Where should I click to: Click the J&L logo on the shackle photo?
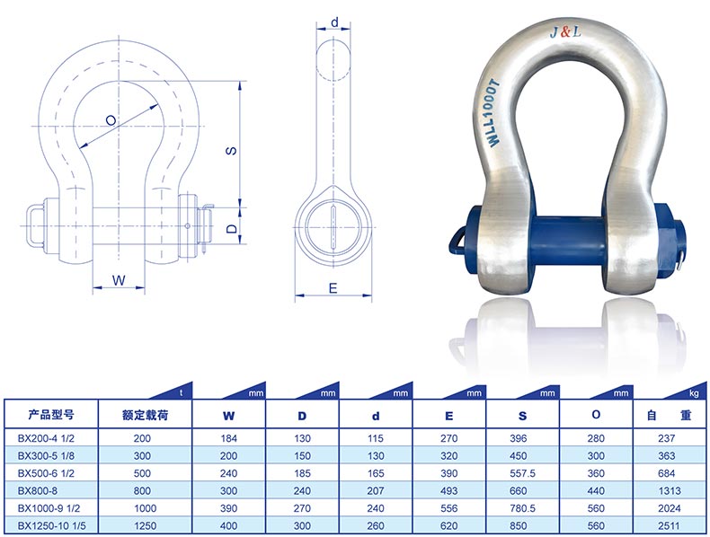point(565,31)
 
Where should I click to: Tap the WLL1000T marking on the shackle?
point(494,113)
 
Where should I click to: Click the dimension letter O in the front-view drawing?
point(111,120)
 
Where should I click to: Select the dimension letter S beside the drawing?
point(231,150)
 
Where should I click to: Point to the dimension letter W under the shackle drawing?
point(119,280)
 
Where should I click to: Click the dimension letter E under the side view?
point(333,288)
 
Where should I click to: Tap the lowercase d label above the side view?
point(334,22)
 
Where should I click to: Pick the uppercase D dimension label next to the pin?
point(232,228)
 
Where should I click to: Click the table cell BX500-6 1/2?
point(46,473)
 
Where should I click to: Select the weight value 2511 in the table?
point(670,525)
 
